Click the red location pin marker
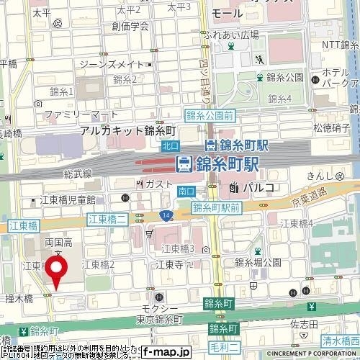click(58, 270)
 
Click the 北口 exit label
click(171, 145)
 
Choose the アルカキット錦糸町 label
click(128, 130)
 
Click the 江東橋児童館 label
click(73, 199)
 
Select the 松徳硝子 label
click(331, 127)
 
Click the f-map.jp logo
click(165, 351)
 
